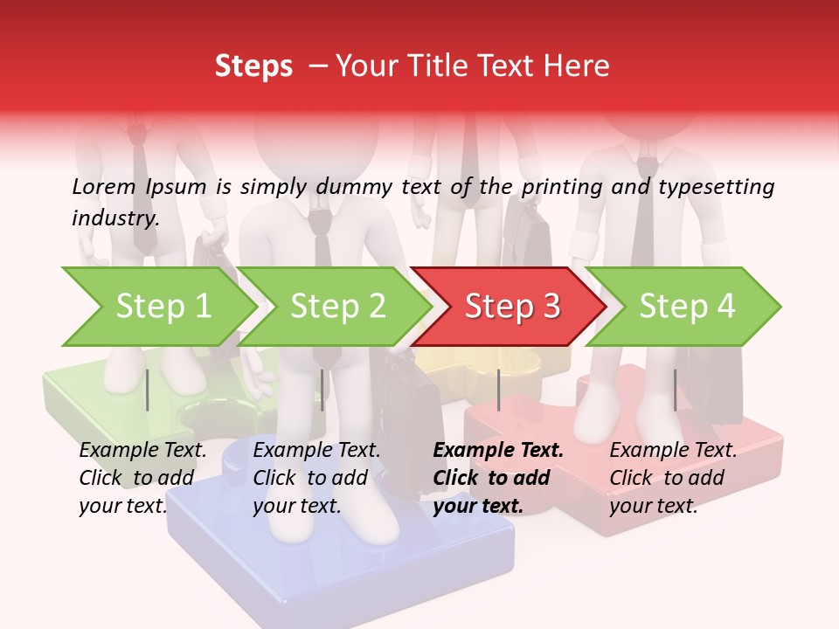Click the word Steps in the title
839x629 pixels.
pyautogui.click(x=253, y=66)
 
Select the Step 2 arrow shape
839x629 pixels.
pyautogui.click(x=337, y=306)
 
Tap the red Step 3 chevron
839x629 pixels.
pyautogui.click(x=512, y=306)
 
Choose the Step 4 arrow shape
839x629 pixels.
pyautogui.click(x=687, y=306)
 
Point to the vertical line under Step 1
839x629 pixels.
pyautogui.click(x=148, y=390)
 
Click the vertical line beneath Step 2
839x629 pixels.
pyautogui.click(x=322, y=390)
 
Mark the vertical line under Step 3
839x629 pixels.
pyautogui.click(x=498, y=390)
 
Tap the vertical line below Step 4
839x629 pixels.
pyautogui.click(x=675, y=390)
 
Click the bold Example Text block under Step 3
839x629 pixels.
pyautogui.click(x=498, y=478)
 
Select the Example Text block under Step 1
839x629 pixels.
pyautogui.click(x=142, y=478)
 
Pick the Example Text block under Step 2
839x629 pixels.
pyautogui.click(x=316, y=478)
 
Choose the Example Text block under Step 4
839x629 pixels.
pyautogui.click(x=673, y=478)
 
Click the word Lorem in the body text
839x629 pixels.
pyautogui.click(x=104, y=186)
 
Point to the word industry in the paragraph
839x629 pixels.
pyautogui.click(x=114, y=218)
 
